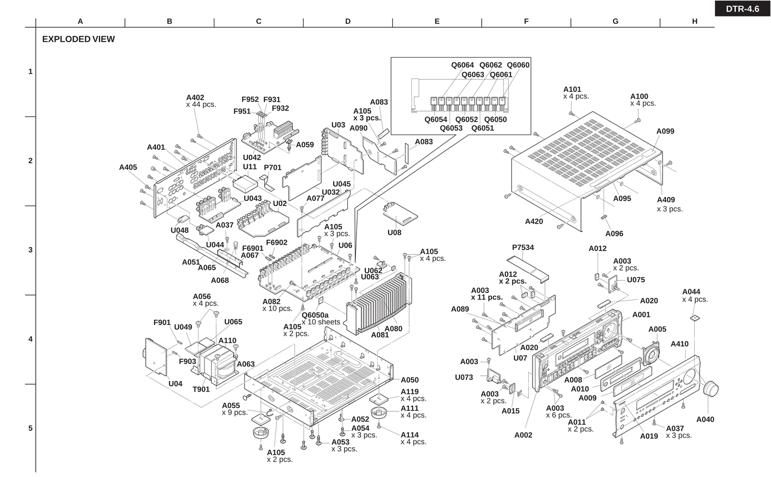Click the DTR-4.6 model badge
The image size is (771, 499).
coord(742,9)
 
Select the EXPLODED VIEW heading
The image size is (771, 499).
coord(78,39)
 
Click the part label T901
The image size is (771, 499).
coord(201,389)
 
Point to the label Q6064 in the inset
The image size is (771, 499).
coord(462,65)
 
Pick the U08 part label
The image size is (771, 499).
coord(394,233)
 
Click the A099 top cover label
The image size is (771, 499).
coord(665,131)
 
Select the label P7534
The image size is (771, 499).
coord(523,248)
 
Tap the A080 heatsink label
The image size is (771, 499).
coord(393,329)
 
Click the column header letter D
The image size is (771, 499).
coord(348,21)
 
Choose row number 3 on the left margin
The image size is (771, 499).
coord(30,250)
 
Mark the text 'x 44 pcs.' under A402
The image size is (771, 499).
coord(201,105)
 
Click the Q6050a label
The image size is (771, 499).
coord(315,315)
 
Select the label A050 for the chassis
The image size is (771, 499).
coord(410,380)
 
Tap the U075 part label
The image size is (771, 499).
coord(635,280)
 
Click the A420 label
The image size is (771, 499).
coord(534,221)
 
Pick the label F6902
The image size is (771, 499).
coord(276,243)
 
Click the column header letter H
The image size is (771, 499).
coord(695,21)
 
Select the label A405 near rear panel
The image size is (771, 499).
coord(128,167)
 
